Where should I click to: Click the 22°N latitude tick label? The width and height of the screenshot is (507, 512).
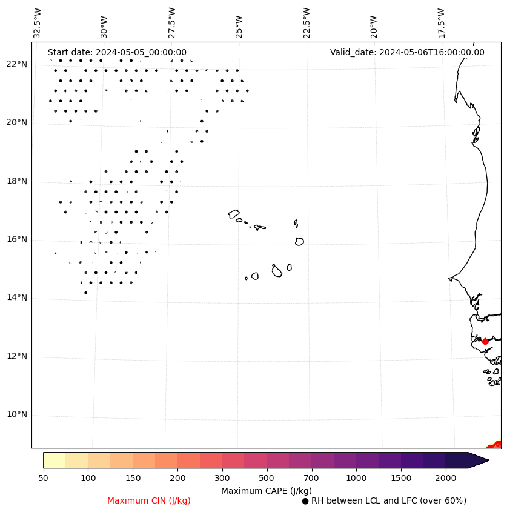coord(16,64)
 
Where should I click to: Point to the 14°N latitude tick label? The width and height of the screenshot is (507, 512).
coord(16,298)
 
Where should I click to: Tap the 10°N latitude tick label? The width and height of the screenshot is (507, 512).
coord(16,415)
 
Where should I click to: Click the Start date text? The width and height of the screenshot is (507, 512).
coord(117,53)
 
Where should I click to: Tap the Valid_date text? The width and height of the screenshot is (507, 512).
coord(407,53)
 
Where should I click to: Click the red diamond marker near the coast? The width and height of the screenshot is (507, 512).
coord(485,341)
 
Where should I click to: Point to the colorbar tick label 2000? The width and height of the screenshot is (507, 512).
coord(445,479)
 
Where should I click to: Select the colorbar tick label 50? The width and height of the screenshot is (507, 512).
coord(43,479)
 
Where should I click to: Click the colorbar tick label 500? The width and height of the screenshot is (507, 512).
coord(267,479)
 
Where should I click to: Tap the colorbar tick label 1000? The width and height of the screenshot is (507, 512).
coord(356,479)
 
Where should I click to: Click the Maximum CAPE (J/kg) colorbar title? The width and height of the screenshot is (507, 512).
coord(266,491)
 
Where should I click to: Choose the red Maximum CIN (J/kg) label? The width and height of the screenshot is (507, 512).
coord(149,501)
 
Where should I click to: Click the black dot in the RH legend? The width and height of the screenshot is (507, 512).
coord(305,501)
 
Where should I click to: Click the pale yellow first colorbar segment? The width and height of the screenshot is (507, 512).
coord(54,460)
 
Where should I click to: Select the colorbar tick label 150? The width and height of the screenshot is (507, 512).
coord(133,479)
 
